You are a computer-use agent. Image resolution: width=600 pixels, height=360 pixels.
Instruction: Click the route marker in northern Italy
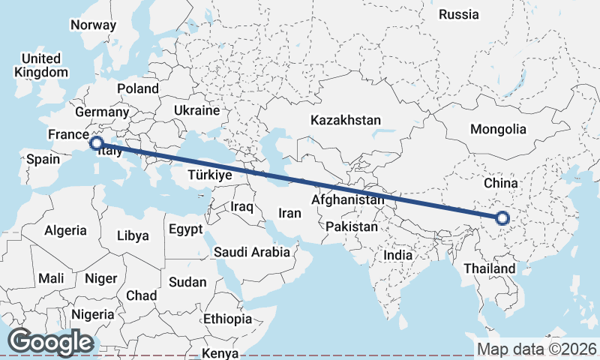coord(96,142)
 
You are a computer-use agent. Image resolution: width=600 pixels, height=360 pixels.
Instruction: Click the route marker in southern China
coord(502,219)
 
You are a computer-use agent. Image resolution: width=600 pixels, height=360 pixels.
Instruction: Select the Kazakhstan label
coord(346,120)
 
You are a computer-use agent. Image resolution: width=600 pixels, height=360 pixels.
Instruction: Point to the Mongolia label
coord(498,129)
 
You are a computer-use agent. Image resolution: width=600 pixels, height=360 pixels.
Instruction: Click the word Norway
coord(93,25)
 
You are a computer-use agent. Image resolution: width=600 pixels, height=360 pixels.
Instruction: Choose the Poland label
coord(138,88)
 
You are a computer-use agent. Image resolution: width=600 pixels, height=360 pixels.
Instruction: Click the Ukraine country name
coord(196,110)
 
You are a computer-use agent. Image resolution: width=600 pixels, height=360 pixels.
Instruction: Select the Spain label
coord(43,159)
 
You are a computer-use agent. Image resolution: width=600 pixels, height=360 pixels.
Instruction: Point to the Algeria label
coord(65,231)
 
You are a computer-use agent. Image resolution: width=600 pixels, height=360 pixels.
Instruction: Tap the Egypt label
coord(185,229)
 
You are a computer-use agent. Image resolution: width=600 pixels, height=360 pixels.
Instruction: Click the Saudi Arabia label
coord(252,252)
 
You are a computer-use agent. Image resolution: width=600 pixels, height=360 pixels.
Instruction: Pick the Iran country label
coord(289,213)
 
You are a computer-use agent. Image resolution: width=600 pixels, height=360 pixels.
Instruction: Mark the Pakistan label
coord(352,226)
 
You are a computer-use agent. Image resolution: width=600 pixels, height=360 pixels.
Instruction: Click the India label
coord(397,255)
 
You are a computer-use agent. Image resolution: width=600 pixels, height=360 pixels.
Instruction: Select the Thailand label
coord(490,268)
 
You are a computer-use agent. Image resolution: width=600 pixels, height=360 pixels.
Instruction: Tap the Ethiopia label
coord(227,319)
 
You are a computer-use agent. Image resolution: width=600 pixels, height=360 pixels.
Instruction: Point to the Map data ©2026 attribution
coord(537,349)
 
